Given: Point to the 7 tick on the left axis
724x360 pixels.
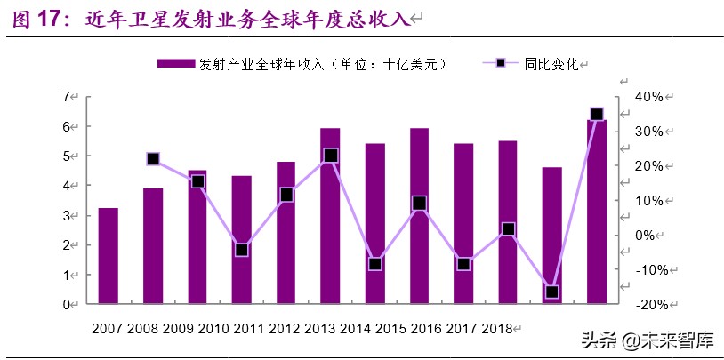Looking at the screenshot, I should pos(66,96).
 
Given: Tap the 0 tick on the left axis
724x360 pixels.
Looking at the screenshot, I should pos(66,305).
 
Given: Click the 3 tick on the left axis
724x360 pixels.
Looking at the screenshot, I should pos(66,215).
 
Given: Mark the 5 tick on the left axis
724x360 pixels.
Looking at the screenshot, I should pos(66,156).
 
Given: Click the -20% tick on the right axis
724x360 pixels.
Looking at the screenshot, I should pos(644,305).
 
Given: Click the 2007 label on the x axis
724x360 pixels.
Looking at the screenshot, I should pos(108,329).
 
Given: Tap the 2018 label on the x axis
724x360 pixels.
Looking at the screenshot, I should pos(496,329).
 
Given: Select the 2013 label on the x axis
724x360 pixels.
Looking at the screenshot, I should pos(320,329).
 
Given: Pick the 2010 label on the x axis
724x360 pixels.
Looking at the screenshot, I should pos(213,329).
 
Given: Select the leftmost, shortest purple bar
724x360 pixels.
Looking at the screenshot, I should pos(108,256).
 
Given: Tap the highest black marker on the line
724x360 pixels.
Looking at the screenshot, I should pos(597,114).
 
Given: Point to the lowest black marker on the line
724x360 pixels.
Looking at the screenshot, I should pos(552,292).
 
